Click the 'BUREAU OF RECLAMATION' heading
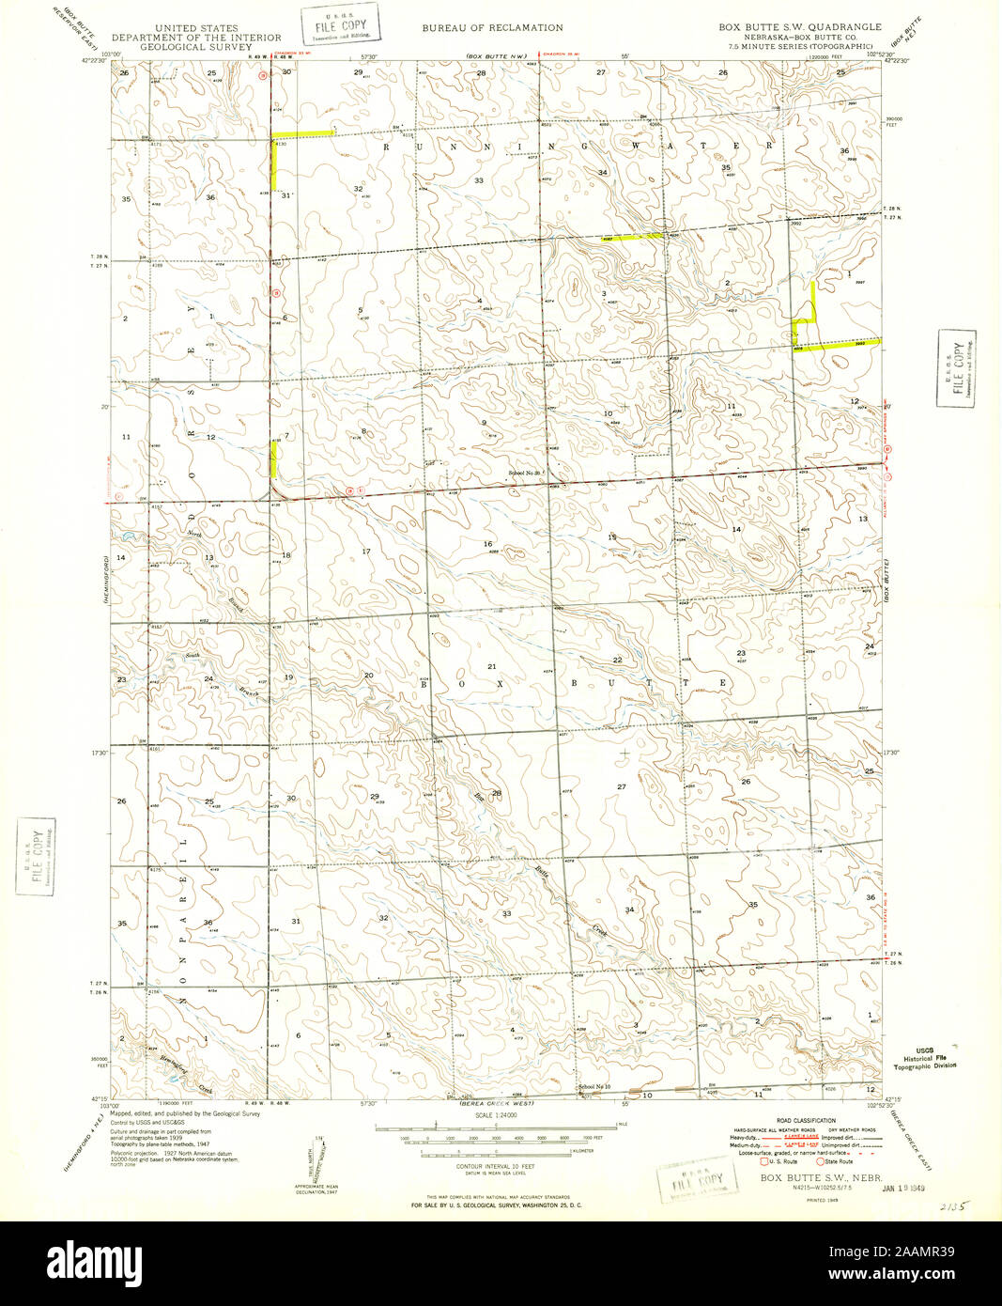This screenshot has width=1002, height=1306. [x=492, y=28]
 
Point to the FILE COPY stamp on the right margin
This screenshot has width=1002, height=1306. [x=958, y=367]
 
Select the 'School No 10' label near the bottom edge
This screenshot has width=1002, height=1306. [x=594, y=1087]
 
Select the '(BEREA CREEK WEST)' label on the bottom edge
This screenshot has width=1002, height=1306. [x=497, y=1102]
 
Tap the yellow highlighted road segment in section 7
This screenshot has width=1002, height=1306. [x=274, y=459]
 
